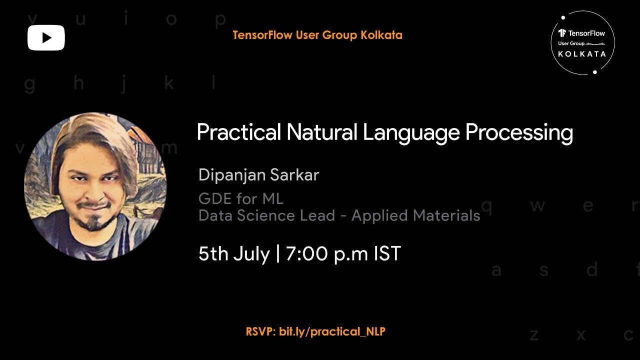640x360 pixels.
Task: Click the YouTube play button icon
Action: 46,37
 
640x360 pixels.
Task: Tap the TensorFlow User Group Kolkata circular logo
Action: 582,42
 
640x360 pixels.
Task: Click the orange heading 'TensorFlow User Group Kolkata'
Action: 317,35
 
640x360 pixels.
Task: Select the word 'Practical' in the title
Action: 238,133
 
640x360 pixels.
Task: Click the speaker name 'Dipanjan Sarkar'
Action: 258,175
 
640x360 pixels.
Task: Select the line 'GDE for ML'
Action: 241,199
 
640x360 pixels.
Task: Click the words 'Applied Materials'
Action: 415,215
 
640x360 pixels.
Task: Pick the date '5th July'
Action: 234,253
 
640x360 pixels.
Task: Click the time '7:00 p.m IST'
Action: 343,253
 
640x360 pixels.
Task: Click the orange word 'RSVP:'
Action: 260,331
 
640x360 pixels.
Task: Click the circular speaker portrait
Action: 95,186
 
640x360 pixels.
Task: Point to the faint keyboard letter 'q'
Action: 486,206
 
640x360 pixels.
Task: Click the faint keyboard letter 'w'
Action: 537,206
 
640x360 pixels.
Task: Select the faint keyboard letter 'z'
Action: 534,335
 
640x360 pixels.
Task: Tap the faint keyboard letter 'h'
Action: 78,83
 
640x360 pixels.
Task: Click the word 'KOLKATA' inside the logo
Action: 582,54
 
